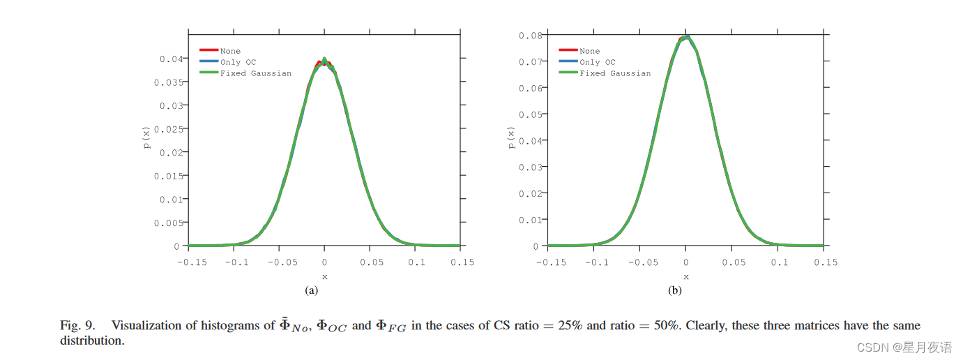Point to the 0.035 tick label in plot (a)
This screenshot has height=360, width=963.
pos(167,82)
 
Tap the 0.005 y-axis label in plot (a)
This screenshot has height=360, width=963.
pos(167,223)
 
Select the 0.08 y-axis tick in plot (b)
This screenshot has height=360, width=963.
pos(530,35)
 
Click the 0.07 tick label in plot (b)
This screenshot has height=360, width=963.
pos(530,61)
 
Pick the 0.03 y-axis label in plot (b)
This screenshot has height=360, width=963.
pos(530,167)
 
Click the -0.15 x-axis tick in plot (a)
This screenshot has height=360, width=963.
pos(188,262)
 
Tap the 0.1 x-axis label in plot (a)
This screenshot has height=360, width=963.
pos(417,262)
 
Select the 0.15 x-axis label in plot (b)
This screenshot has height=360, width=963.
pos(825,262)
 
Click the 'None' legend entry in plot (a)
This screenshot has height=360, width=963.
pos(230,51)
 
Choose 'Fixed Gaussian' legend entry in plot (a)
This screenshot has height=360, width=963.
pos(255,73)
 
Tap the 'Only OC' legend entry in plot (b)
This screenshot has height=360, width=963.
pos(598,62)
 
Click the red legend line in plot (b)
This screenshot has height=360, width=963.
pos(568,50)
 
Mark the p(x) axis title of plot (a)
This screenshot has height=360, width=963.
pos(147,137)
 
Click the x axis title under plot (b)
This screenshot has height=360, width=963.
pos(686,277)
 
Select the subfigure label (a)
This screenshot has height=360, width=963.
pos(312,291)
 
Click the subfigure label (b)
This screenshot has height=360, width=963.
pos(674,291)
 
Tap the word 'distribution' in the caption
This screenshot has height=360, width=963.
pos(91,341)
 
